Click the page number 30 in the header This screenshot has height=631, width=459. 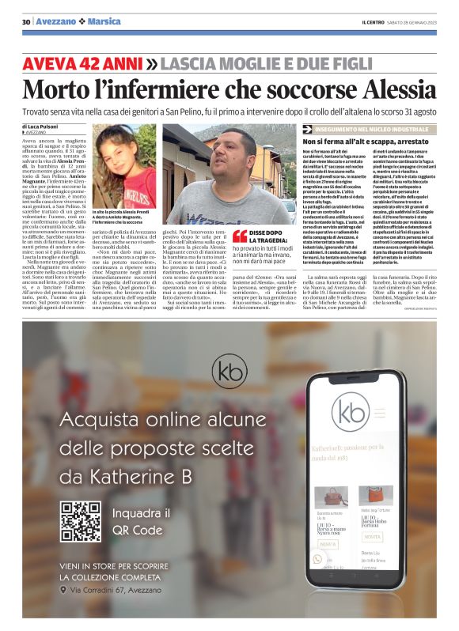[25, 21]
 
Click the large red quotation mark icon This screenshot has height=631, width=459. [239, 235]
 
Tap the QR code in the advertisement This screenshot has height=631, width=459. [81, 521]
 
